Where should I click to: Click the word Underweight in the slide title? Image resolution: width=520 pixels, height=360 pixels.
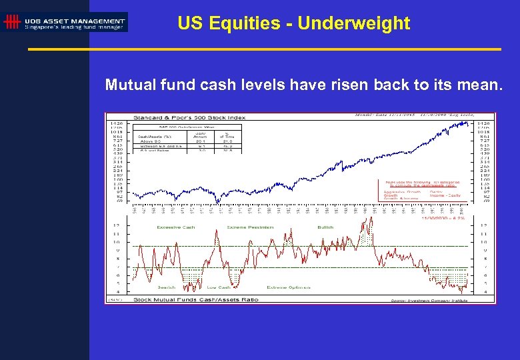click(353, 23)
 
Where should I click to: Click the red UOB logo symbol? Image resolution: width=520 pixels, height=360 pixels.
click(11, 22)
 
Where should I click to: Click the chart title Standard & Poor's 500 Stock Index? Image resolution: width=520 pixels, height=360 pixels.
click(189, 117)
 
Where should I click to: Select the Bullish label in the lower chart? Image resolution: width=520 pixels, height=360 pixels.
click(325, 227)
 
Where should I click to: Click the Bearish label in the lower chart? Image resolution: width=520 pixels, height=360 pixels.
click(166, 287)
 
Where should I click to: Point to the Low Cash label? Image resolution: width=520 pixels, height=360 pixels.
click(219, 287)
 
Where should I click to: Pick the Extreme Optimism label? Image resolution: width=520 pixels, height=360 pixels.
click(289, 287)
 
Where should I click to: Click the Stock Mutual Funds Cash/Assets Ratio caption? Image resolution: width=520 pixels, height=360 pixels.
click(196, 300)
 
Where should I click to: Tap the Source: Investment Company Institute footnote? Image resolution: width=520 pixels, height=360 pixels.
click(429, 301)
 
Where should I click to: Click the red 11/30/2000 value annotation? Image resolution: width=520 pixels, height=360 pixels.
click(443, 217)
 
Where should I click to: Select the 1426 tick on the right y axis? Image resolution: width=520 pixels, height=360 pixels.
click(483, 123)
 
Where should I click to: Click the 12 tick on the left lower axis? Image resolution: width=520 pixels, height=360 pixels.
click(117, 225)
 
